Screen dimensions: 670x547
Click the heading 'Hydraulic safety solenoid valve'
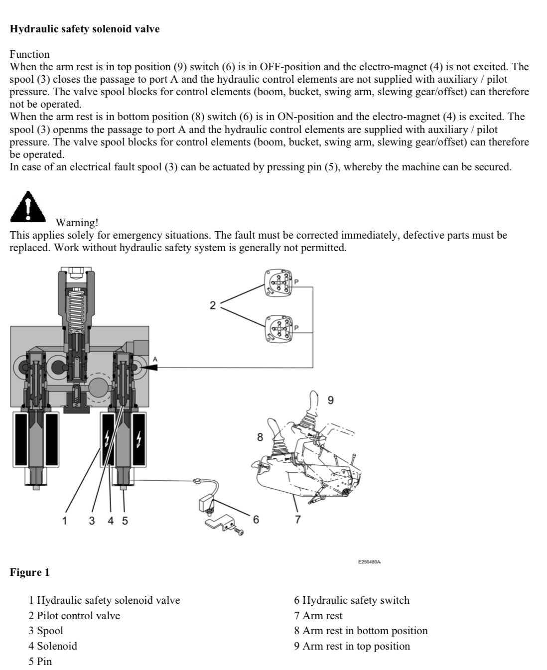click(x=85, y=29)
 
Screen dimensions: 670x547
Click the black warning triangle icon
click(x=29, y=207)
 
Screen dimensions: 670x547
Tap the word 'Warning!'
click(x=77, y=223)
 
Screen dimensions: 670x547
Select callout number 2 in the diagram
click(x=213, y=305)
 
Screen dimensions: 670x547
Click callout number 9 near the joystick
click(x=331, y=400)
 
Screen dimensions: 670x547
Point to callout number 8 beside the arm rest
click(x=260, y=437)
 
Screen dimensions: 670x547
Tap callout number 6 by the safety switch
click(x=256, y=520)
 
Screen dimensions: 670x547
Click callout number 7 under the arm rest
click(x=297, y=520)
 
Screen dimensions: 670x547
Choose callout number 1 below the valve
click(x=64, y=521)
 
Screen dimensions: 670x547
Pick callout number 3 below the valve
click(x=92, y=521)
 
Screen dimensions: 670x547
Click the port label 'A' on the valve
click(x=155, y=359)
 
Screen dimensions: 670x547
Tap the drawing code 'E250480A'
click(x=369, y=561)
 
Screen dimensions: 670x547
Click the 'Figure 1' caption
click(x=30, y=572)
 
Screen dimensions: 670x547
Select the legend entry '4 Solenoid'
click(x=53, y=646)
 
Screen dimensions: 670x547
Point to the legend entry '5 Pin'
click(x=40, y=662)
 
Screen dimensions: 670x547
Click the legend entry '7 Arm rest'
click(x=318, y=616)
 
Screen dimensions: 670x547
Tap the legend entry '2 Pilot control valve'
click(x=74, y=616)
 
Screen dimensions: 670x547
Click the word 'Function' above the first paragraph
click(x=30, y=54)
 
